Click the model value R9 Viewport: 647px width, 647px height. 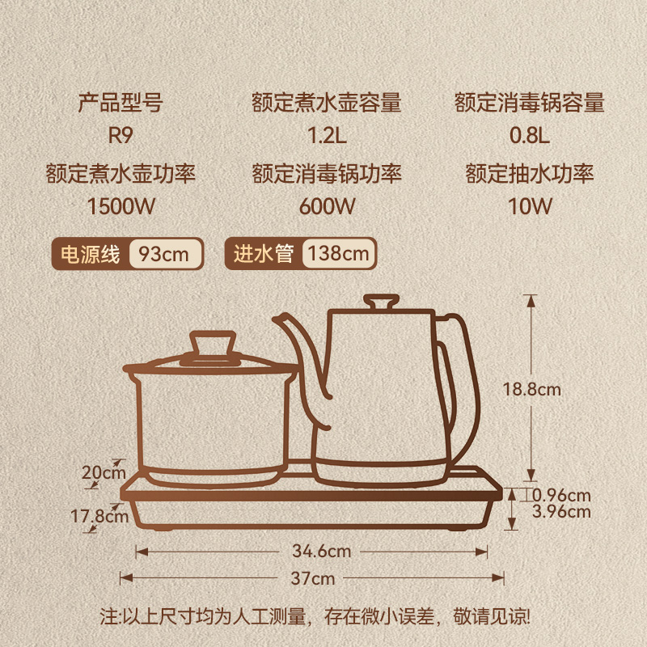[x=120, y=135]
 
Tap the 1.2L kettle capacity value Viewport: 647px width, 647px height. [x=326, y=135]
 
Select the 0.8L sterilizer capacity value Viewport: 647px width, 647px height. [x=530, y=135]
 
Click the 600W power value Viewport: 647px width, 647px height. [x=326, y=205]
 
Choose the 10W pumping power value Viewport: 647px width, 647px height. [x=530, y=205]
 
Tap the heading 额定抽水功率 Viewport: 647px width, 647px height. [x=530, y=173]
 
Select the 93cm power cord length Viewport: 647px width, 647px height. [x=164, y=254]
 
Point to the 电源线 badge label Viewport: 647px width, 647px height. [x=91, y=254]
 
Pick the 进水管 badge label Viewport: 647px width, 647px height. [x=263, y=254]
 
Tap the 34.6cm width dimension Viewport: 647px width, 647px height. [x=321, y=552]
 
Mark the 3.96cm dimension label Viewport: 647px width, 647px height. [x=562, y=511]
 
